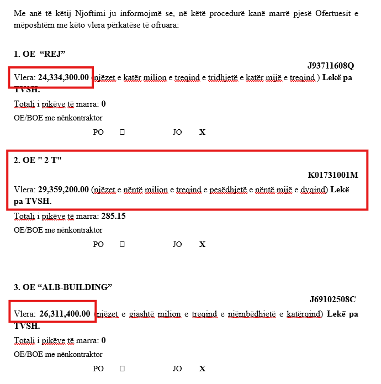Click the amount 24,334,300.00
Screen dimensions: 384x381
pyautogui.click(x=63, y=77)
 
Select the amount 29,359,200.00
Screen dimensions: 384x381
pyautogui.click(x=63, y=190)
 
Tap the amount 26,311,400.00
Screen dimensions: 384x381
pyautogui.click(x=65, y=314)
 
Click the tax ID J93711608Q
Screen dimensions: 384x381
pyautogui.click(x=331, y=66)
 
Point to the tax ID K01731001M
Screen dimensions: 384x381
pyautogui.click(x=333, y=175)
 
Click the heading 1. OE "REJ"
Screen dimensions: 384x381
pyautogui.click(x=40, y=54)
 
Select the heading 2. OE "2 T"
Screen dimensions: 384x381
pyautogui.click(x=38, y=160)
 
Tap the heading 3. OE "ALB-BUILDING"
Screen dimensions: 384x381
pyautogui.click(x=63, y=287)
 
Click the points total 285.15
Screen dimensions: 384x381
pyautogui.click(x=113, y=216)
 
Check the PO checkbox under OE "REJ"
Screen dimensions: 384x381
pyautogui.click(x=122, y=133)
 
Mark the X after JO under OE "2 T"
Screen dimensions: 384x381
pyautogui.click(x=202, y=244)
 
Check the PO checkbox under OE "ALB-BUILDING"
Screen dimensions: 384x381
pyautogui.click(x=122, y=369)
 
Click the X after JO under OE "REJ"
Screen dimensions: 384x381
pyautogui.click(x=202, y=133)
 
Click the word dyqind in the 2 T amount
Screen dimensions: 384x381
pyautogui.click(x=315, y=190)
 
